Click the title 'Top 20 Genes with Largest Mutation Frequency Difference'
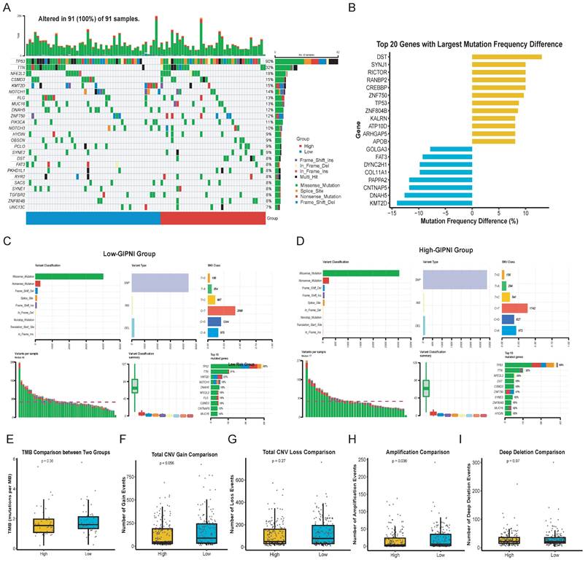[469, 44]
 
